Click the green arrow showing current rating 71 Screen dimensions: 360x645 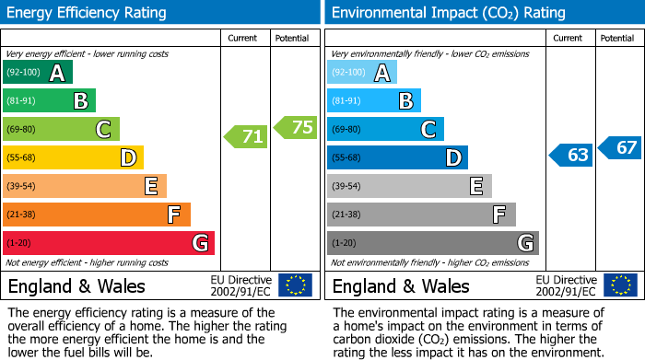[x=247, y=137]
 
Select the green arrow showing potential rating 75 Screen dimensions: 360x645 [x=297, y=127]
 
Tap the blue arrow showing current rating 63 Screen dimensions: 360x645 [x=571, y=155]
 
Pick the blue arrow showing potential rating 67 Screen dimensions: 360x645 [x=621, y=147]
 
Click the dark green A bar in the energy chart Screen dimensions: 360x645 [x=38, y=73]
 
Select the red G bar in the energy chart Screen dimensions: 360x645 [x=109, y=243]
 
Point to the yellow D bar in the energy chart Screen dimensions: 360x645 [x=74, y=157]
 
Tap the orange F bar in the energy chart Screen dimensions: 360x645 [x=97, y=215]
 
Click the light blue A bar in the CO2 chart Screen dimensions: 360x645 [x=362, y=73]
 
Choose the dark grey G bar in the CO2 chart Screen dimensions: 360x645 [x=433, y=243]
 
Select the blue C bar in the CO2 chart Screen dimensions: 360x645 [x=385, y=129]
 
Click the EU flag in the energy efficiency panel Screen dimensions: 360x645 [x=295, y=285]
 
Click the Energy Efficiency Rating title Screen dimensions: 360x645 [x=88, y=13]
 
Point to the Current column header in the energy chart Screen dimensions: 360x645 [x=244, y=39]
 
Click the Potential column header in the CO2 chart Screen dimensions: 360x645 [x=617, y=39]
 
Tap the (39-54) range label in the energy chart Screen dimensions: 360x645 [x=20, y=186]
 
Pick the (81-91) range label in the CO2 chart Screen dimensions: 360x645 [x=346, y=101]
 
